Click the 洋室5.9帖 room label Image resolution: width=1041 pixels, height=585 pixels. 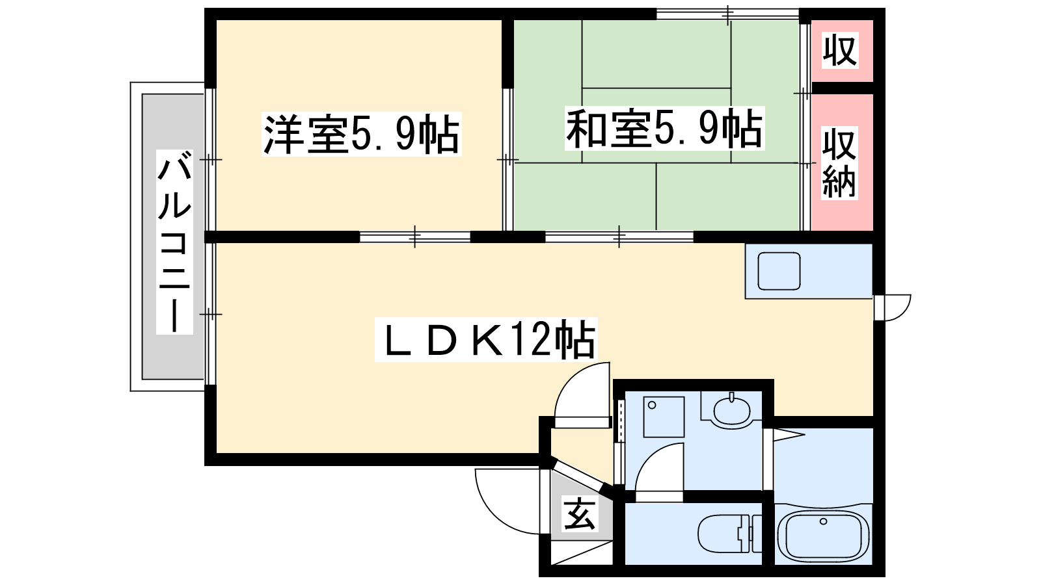[362, 134]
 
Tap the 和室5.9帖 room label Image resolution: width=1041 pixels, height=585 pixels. [664, 128]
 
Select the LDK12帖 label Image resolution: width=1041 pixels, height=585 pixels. [486, 340]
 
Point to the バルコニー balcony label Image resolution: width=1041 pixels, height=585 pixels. [174, 242]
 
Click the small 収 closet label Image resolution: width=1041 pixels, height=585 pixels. [840, 51]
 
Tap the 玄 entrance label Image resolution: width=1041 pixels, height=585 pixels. [580, 513]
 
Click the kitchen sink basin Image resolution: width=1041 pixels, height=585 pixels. [779, 270]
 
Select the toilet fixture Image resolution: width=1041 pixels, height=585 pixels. [729, 534]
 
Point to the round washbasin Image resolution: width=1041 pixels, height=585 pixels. [731, 410]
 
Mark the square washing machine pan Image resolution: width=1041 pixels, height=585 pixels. [664, 417]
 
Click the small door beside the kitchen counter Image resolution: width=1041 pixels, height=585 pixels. [892, 307]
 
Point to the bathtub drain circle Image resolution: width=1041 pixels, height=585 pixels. [824, 521]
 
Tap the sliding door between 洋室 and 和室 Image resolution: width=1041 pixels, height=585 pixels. [507, 160]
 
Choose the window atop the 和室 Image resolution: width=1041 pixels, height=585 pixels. [728, 14]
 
